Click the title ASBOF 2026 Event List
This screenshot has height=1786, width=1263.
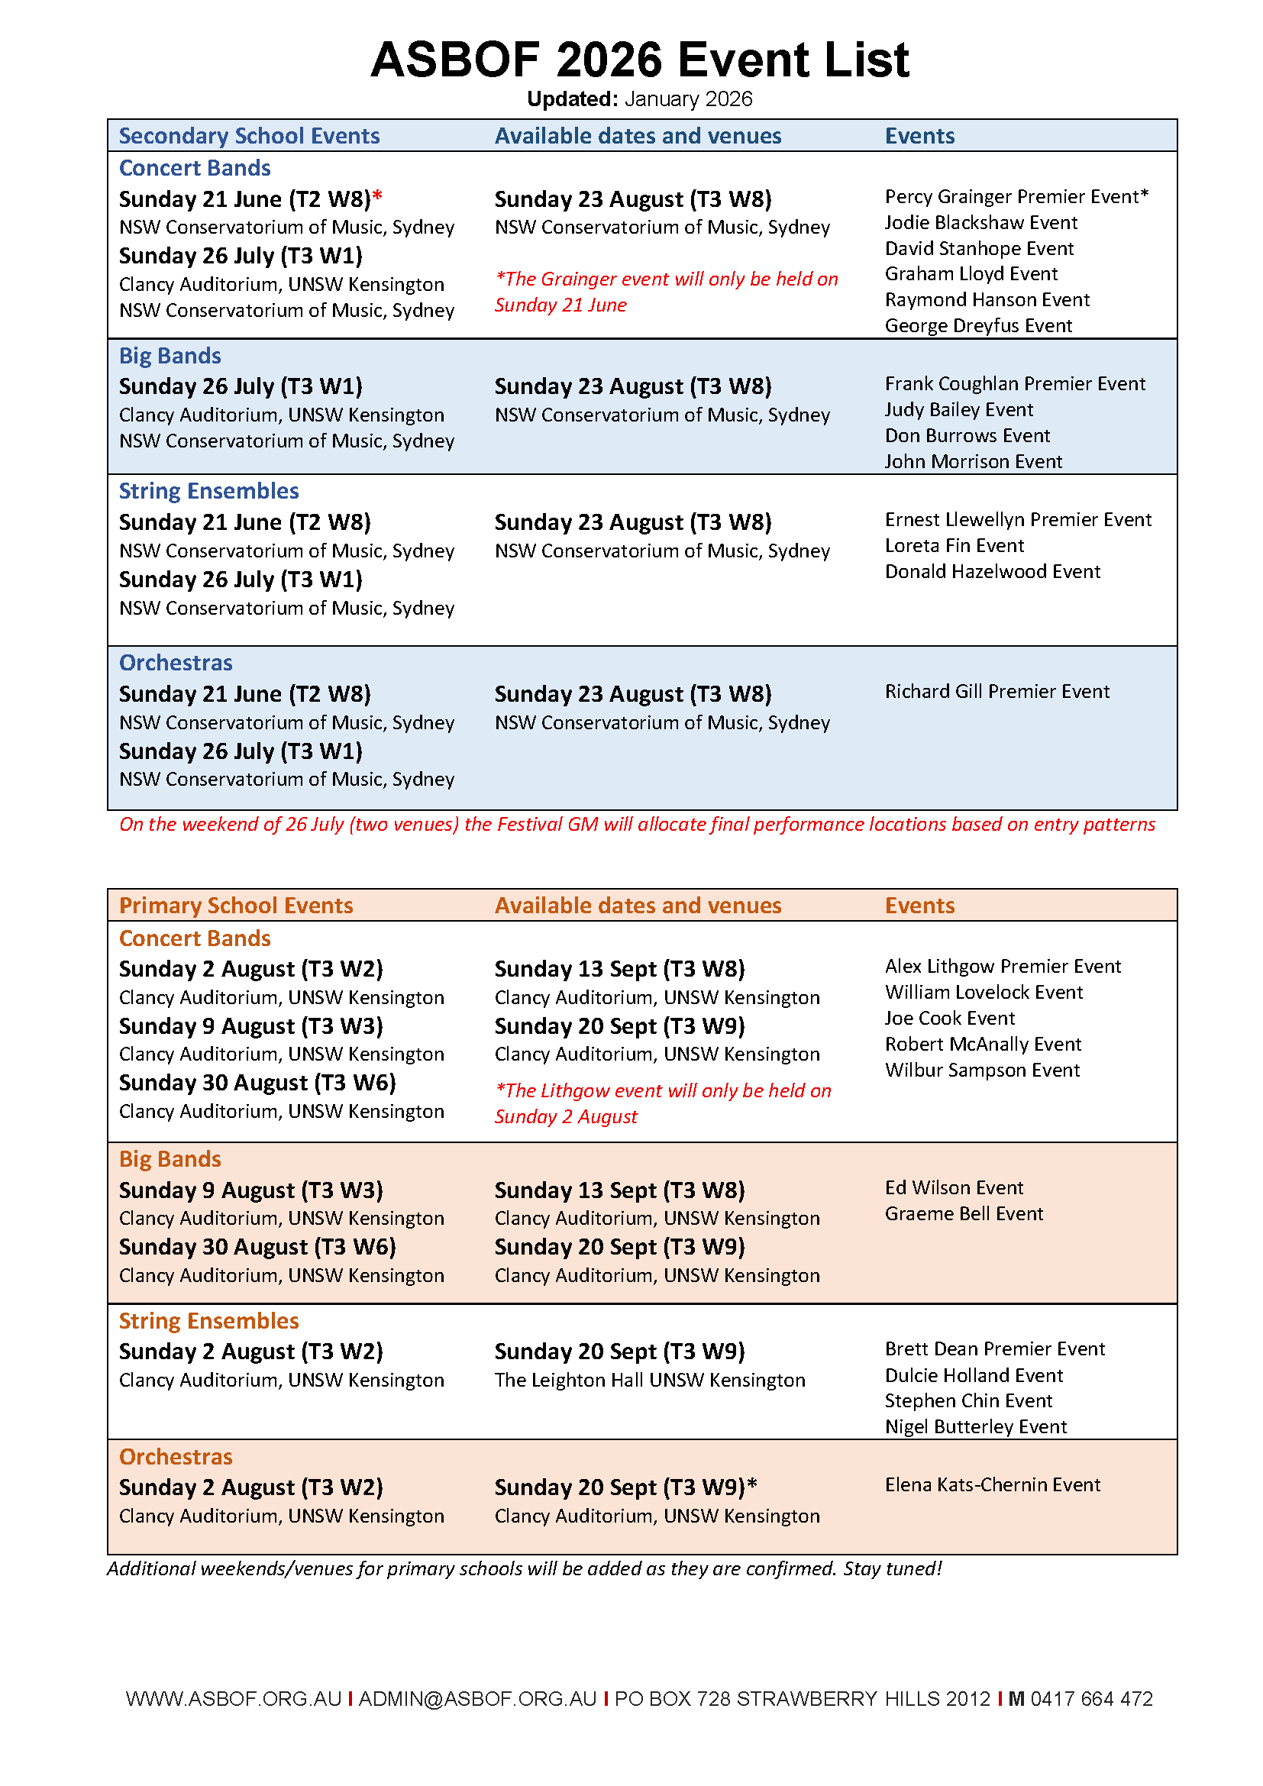[x=639, y=60]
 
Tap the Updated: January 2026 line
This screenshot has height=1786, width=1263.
[x=639, y=99]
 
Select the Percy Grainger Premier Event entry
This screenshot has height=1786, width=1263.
[x=1016, y=197]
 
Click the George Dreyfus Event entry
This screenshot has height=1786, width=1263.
[x=978, y=326]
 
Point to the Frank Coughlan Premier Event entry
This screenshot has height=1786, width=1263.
[x=1015, y=384]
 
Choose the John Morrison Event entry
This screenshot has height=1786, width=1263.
[x=973, y=462]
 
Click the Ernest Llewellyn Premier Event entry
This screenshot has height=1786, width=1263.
[x=1018, y=520]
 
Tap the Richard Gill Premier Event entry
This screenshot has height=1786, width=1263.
[x=997, y=692]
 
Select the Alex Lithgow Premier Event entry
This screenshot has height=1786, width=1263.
[x=1003, y=967]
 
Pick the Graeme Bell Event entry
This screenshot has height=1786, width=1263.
[x=964, y=1214]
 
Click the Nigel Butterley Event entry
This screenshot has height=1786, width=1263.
[x=975, y=1427]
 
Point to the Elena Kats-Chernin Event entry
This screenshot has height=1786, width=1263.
[x=993, y=1485]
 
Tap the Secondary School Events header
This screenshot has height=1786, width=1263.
[x=249, y=136]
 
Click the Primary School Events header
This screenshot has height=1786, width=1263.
[x=236, y=906]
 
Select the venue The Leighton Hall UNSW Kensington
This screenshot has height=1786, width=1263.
[x=649, y=1381]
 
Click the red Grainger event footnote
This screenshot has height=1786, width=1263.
[x=666, y=292]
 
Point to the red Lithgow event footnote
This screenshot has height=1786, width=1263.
[x=663, y=1104]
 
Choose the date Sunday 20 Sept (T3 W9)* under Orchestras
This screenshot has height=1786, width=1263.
[x=625, y=1488]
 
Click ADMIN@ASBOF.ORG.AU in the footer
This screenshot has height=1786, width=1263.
[x=476, y=1699]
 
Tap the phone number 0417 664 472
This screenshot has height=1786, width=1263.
[x=1091, y=1699]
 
